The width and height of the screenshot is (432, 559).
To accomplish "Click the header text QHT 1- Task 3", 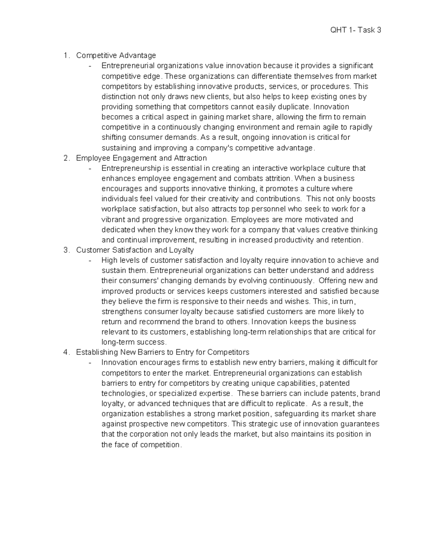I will (x=355, y=30).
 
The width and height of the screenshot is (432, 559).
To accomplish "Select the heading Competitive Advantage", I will (x=116, y=55).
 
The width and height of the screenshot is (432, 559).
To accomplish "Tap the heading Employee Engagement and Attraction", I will (x=141, y=158).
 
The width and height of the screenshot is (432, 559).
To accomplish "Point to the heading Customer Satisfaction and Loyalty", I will (x=135, y=250).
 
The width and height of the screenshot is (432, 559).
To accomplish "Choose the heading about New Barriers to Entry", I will (x=163, y=352).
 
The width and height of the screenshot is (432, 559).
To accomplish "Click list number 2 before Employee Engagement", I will (x=66, y=158).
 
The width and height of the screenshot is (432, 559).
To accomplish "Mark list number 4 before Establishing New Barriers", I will (x=66, y=352).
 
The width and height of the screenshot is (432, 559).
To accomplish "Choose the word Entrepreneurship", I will (x=131, y=168).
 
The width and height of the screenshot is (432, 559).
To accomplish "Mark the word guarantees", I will (x=361, y=424).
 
